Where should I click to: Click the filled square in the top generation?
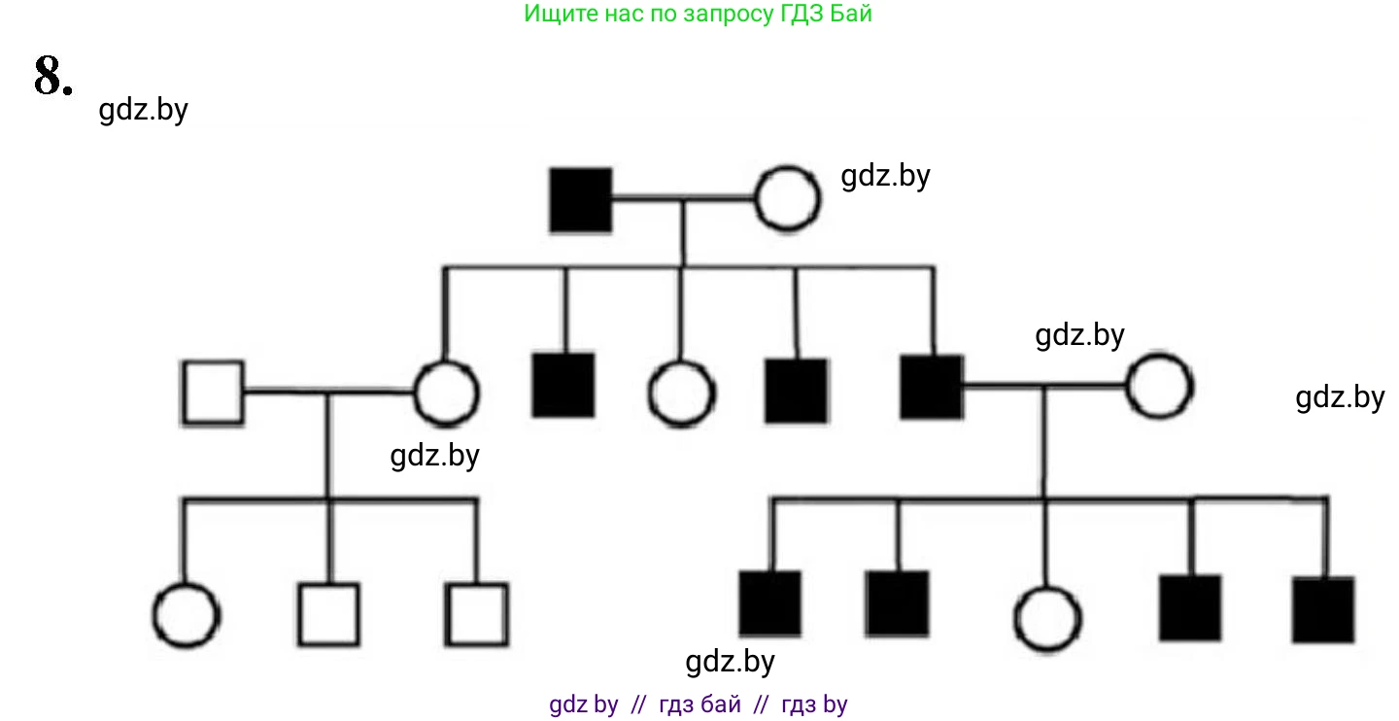click(581, 200)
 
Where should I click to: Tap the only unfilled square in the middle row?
click(213, 393)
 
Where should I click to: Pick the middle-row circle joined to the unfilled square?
click(447, 394)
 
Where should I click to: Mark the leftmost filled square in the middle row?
click(563, 386)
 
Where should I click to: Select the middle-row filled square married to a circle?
click(932, 387)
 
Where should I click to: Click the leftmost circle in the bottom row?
click(187, 616)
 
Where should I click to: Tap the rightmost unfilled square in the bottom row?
click(477, 614)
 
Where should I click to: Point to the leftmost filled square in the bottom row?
click(770, 603)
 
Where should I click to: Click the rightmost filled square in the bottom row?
click(1323, 609)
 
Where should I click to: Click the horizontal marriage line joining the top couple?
click(684, 201)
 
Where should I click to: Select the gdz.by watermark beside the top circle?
click(885, 176)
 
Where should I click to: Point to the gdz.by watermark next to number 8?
click(143, 110)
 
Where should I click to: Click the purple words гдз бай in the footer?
click(699, 704)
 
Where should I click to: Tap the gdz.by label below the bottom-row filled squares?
click(730, 662)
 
